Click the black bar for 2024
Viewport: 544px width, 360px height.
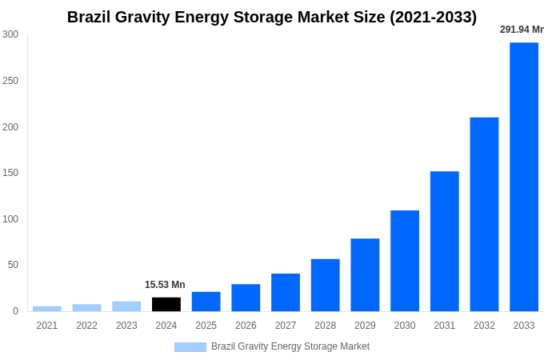[166, 304]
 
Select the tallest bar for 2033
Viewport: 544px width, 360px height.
[524, 177]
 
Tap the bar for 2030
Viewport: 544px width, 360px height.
[405, 261]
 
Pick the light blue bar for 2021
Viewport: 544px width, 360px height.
[47, 309]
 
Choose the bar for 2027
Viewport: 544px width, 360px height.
[286, 292]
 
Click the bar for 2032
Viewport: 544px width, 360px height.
[484, 214]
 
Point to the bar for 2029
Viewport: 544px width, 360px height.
[365, 274]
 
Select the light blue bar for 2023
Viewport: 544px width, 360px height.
[126, 306]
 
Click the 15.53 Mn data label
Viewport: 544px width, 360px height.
[165, 285]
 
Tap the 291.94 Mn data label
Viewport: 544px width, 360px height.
[521, 30]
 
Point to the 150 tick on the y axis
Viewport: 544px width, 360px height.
[10, 173]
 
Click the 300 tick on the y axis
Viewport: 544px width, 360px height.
[10, 34]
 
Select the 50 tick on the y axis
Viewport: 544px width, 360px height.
[13, 265]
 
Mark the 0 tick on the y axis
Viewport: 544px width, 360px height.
[15, 311]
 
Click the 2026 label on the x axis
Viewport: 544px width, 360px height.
[246, 326]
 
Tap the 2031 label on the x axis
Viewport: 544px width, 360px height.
[444, 326]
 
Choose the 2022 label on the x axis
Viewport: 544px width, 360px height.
[86, 326]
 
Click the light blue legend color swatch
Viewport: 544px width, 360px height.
[190, 347]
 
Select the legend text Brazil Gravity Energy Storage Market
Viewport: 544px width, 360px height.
[290, 346]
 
